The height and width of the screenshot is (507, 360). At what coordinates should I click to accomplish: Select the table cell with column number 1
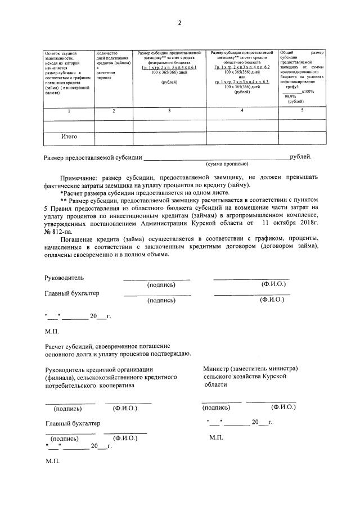pos(69,111)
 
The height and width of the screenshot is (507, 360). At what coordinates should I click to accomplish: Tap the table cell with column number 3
pos(170,111)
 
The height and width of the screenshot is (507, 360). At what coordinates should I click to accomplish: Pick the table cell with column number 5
pos(302,110)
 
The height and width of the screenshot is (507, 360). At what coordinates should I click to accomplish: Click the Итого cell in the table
pos(69,137)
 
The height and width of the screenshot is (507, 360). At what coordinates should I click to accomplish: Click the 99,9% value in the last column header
pos(290,96)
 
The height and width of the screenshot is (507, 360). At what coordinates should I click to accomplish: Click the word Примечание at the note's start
pos(79,176)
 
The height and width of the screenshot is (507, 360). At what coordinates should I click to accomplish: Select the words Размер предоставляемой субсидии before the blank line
pos(93,158)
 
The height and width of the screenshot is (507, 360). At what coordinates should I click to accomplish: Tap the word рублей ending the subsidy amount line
pos(300,157)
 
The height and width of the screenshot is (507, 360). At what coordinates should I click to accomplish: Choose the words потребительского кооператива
pos(90,386)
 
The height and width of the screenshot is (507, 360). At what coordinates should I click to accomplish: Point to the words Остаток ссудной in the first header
pos(60,53)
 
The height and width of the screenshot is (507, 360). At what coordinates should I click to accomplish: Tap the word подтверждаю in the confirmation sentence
pos(170,353)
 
